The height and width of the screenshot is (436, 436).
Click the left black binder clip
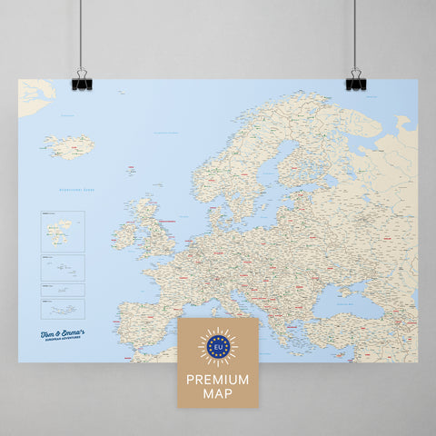tap(80, 82)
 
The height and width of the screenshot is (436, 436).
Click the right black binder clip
tap(354, 81)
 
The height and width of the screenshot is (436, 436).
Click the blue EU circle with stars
tap(217, 345)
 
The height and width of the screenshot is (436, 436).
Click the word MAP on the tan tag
tap(217, 393)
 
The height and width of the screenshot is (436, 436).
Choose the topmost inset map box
tap(62, 231)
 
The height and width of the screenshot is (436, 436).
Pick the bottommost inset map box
tap(62, 309)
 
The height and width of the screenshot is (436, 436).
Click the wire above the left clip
tap(80, 36)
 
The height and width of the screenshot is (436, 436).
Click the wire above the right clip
tap(354, 36)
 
